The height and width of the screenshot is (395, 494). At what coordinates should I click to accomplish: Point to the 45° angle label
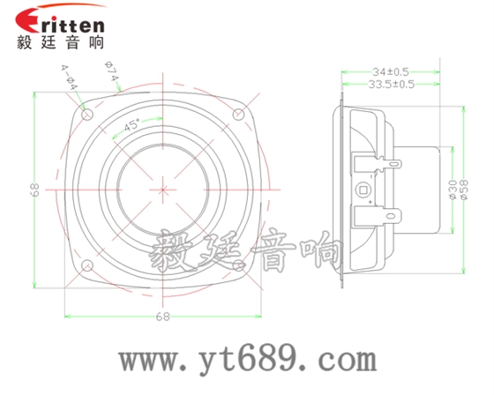pyautogui.click(x=132, y=125)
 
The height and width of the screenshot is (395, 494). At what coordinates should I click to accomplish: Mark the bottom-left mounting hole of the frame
pyautogui.click(x=86, y=266)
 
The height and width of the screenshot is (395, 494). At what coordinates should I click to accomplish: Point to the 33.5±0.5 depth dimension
pyautogui.click(x=391, y=85)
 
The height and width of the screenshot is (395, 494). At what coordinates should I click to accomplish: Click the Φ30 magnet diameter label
pyautogui.click(x=453, y=190)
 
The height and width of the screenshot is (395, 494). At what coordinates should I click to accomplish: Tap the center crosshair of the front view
pyautogui.click(x=163, y=190)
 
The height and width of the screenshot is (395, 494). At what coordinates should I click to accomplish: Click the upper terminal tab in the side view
pyautogui.click(x=391, y=162)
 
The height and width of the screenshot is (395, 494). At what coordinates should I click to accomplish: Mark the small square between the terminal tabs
pyautogui.click(x=362, y=189)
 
